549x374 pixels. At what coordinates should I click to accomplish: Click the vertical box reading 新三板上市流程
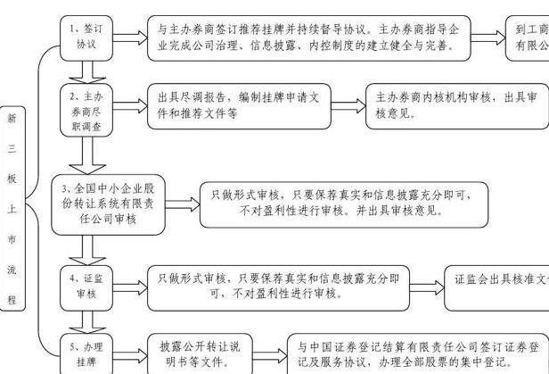12,207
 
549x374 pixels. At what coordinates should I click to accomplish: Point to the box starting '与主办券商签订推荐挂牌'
308,38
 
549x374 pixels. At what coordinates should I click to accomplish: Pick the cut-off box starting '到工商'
528,38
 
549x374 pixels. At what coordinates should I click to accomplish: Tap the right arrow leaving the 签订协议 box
129,38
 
